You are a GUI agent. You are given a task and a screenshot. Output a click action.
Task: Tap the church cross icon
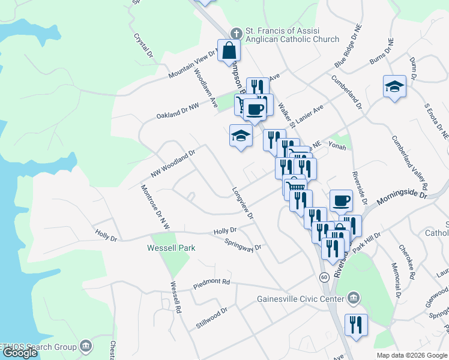click(237, 32)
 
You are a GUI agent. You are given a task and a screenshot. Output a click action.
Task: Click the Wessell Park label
click(172, 247)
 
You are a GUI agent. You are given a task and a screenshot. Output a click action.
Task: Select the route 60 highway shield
click(324, 277)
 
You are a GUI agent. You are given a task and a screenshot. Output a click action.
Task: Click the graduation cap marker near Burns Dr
click(394, 86)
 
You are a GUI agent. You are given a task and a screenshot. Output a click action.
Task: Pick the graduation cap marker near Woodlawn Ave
click(240, 136)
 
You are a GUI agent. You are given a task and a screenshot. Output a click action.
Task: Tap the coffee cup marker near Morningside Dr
click(341, 200)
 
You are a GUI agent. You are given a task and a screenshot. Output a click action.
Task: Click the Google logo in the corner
click(20, 353)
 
